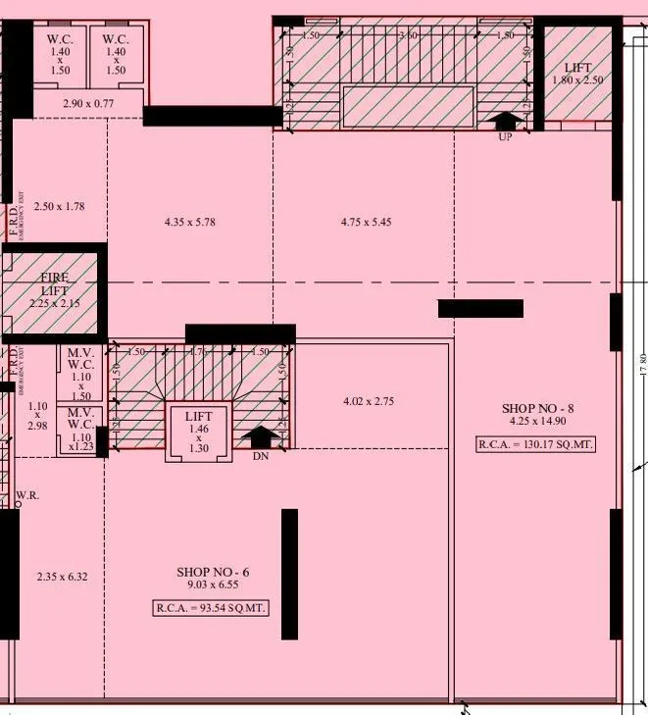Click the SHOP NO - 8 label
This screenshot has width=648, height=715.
click(x=533, y=408)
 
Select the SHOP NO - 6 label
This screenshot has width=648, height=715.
click(x=213, y=572)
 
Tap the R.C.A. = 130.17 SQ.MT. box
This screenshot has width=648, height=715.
click(x=536, y=444)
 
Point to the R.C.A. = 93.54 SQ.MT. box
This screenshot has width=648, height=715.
click(x=211, y=608)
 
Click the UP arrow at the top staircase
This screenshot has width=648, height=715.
click(x=506, y=122)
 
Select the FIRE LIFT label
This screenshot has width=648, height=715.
click(x=55, y=284)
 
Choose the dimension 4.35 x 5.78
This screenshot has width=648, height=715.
click(x=189, y=223)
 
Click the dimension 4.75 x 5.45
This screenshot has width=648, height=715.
click(x=367, y=223)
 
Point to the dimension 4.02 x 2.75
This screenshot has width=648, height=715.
click(x=369, y=401)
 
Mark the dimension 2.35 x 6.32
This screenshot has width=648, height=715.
click(x=62, y=577)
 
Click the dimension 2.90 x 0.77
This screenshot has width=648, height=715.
click(x=89, y=103)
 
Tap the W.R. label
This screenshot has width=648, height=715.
click(x=26, y=496)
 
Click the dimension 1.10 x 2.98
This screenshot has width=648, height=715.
click(x=38, y=415)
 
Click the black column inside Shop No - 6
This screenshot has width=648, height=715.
click(x=289, y=574)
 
